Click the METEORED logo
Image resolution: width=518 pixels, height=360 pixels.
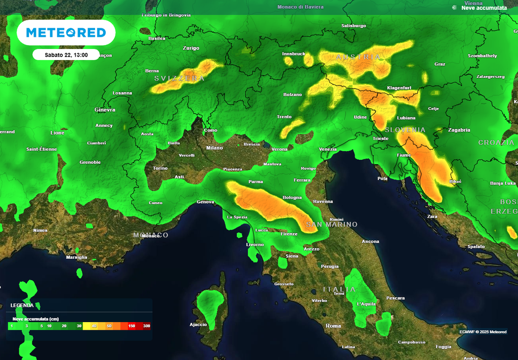click(x=66, y=33)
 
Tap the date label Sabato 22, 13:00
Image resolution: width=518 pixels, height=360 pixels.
click(x=66, y=55)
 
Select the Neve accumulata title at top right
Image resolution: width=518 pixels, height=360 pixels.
click(x=484, y=8)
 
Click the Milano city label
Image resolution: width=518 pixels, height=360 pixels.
click(x=214, y=148)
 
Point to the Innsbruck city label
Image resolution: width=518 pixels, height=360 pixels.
click(x=293, y=54)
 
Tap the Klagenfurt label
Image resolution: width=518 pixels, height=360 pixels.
click(x=399, y=88)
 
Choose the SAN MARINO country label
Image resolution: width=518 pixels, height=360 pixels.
click(x=331, y=224)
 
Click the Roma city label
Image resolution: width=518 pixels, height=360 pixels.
click(x=333, y=326)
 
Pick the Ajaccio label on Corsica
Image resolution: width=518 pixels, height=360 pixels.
click(x=198, y=325)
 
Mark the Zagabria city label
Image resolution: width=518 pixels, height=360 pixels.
click(x=459, y=130)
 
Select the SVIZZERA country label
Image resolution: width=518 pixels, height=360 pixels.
click(x=180, y=78)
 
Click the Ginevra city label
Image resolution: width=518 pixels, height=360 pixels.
click(x=105, y=110)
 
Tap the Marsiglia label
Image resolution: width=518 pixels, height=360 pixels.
click(x=76, y=257)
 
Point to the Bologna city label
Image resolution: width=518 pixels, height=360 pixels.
click(x=292, y=198)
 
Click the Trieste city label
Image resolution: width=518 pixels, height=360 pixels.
click(x=380, y=139)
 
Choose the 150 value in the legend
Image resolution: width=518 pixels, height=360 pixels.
click(x=132, y=326)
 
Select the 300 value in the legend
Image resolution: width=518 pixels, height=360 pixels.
click(x=146, y=326)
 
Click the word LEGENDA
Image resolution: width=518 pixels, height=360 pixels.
click(x=22, y=305)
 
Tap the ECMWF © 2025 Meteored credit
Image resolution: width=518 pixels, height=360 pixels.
click(x=483, y=332)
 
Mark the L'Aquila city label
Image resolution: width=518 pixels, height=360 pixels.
click(x=366, y=304)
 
